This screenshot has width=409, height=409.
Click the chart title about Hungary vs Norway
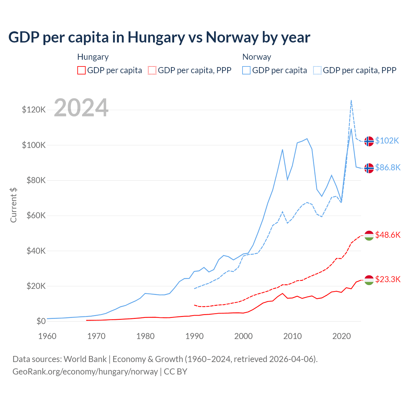159,37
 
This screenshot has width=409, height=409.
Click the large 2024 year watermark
81,108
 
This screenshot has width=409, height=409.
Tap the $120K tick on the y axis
34,110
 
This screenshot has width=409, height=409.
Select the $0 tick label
41,321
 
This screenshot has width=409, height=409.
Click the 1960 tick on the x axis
47,336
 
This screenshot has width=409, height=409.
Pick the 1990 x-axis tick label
195,336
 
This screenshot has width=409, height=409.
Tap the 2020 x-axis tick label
342,336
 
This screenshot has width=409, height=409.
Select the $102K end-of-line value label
387,141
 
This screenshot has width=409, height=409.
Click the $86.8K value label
388,167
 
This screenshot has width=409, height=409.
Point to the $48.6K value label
388,235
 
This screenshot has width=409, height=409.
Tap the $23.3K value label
388,280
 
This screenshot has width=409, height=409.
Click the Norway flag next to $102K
369,141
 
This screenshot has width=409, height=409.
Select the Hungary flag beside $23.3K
369,280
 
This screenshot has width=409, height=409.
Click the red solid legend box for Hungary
81,70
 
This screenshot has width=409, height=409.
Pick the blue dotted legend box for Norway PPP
317,70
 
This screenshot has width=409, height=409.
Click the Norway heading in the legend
257,57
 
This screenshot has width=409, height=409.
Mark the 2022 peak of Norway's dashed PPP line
351,100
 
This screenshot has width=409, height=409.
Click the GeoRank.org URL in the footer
85,372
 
